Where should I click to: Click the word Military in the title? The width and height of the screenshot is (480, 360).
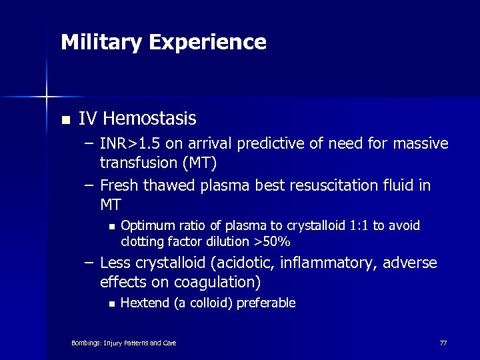pyautogui.click(x=101, y=43)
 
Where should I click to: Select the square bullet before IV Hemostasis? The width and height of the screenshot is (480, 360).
pyautogui.click(x=64, y=121)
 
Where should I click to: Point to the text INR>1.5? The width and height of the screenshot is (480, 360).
pyautogui.click(x=125, y=144)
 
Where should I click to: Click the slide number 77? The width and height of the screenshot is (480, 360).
pyautogui.click(x=443, y=343)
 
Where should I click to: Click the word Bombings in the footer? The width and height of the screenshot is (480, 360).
pyautogui.click(x=87, y=343)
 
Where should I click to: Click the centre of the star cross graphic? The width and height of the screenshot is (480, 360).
pyautogui.click(x=47, y=97)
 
